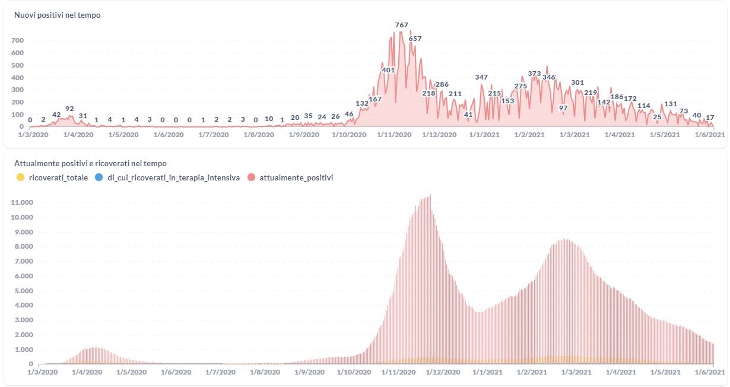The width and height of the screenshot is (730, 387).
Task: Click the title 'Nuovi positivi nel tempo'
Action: click(x=57, y=15)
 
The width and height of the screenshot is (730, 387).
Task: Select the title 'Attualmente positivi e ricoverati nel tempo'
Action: click(x=90, y=163)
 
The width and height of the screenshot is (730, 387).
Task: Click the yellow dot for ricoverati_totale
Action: click(x=20, y=177)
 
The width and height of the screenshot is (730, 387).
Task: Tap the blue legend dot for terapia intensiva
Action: click(x=98, y=177)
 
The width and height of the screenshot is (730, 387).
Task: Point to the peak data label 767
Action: click(x=402, y=25)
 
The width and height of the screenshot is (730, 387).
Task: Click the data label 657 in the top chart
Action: click(x=415, y=39)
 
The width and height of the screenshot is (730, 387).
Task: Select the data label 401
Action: click(x=388, y=70)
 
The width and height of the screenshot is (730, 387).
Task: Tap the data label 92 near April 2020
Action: click(x=69, y=109)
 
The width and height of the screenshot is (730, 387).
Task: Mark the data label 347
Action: click(x=481, y=77)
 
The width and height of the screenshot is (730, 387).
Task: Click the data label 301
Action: click(x=577, y=83)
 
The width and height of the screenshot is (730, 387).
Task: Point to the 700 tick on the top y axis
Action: click(x=17, y=40)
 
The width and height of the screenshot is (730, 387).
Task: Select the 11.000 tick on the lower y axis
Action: click(x=21, y=202)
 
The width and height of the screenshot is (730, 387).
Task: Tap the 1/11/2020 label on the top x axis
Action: click(x=394, y=135)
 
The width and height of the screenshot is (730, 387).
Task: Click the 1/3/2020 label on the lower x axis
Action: click(x=42, y=372)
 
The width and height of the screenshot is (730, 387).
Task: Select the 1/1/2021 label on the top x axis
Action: click(x=484, y=135)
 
